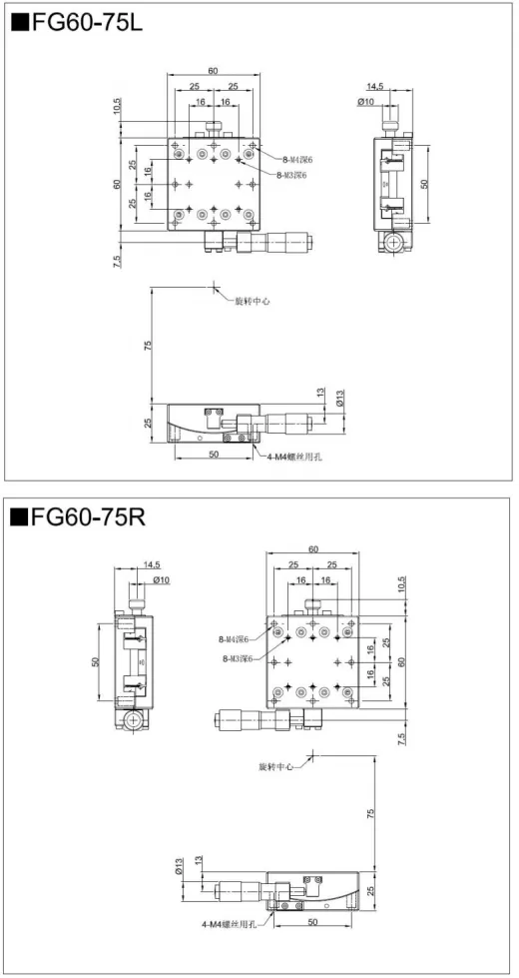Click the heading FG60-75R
tap(81, 518)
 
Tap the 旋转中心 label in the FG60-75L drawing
tap(252, 300)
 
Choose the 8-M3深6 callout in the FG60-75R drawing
tap(238, 658)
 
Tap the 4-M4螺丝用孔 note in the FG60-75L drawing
tap(298, 458)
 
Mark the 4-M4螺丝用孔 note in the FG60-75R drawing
tap(228, 925)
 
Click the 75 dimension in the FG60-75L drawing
tap(148, 346)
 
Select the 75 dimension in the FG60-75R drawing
tap(371, 814)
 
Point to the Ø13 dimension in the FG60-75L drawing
tap(339, 397)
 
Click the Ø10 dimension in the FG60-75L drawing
tap(366, 101)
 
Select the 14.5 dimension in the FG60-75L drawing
tap(375, 87)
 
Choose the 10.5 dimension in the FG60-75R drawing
tap(401, 582)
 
